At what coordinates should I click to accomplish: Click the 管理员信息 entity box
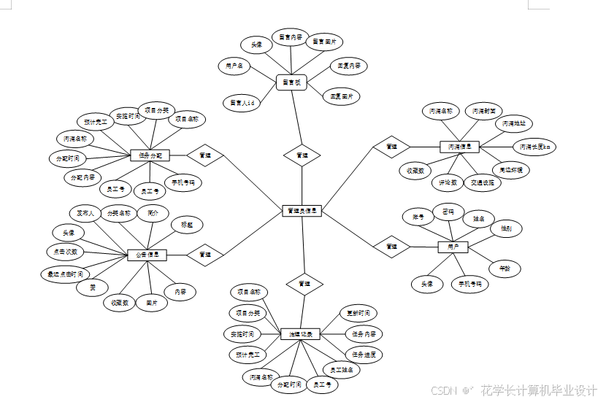[x=302, y=211]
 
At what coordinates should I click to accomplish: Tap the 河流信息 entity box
[x=459, y=147]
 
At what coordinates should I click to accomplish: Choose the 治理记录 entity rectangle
[x=301, y=334]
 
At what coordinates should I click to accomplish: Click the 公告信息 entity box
[x=147, y=255]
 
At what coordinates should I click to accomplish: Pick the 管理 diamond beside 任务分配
[x=205, y=155]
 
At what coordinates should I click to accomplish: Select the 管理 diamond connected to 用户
[x=392, y=247]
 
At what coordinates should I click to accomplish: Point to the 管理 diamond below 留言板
[x=302, y=155]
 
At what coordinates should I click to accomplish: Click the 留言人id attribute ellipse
[x=242, y=104]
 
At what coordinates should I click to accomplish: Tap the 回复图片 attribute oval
[x=341, y=96]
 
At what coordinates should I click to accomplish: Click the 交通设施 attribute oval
[x=482, y=182]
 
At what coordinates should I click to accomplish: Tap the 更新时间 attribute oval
[x=358, y=313]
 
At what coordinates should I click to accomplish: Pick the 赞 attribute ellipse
[x=93, y=287]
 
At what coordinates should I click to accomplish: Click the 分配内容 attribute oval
[x=83, y=177]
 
